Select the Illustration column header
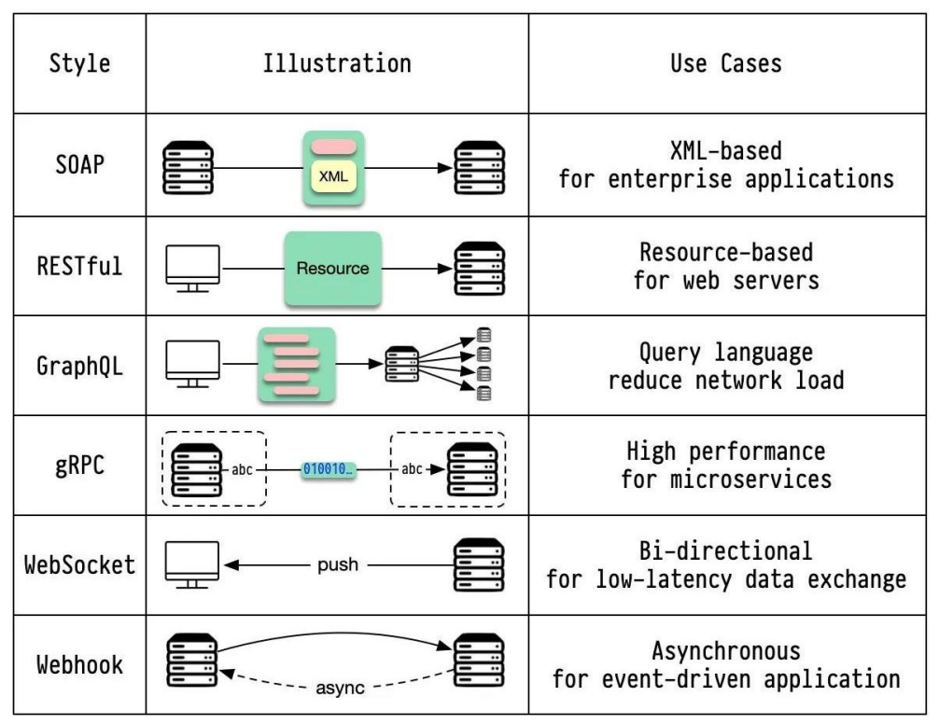click(338, 64)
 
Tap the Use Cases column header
click(725, 64)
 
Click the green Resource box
click(332, 269)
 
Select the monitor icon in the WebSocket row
click(192, 564)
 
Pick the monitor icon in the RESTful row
click(192, 269)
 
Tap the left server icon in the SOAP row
click(189, 166)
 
